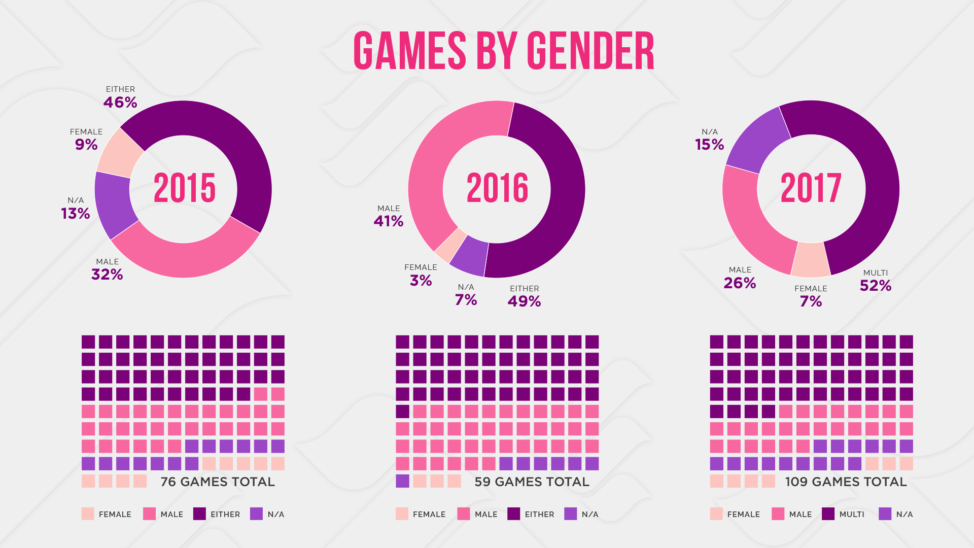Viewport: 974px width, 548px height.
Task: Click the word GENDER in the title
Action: click(590, 51)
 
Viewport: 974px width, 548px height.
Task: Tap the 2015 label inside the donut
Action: click(184, 188)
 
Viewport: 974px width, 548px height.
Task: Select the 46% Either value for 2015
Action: click(120, 102)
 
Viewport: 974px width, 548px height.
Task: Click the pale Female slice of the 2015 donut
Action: click(120, 152)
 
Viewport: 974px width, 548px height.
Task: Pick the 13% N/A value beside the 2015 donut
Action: click(76, 214)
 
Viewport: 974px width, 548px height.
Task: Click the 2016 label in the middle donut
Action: click(497, 188)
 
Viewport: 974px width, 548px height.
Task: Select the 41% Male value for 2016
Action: click(389, 221)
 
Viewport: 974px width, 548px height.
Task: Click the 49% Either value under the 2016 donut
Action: click(524, 301)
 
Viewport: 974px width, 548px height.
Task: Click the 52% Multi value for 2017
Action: click(876, 286)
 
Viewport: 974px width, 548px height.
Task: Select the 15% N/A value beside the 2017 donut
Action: click(709, 145)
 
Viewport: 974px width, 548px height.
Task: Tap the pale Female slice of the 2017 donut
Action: click(811, 259)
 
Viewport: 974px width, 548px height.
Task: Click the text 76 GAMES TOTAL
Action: click(218, 482)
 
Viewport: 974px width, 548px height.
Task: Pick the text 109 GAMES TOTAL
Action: click(846, 482)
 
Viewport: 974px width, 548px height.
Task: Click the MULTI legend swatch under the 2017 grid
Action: click(828, 514)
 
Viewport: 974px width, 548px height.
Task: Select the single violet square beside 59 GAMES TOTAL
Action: click(402, 481)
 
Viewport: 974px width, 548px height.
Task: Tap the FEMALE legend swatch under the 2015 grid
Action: click(88, 514)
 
